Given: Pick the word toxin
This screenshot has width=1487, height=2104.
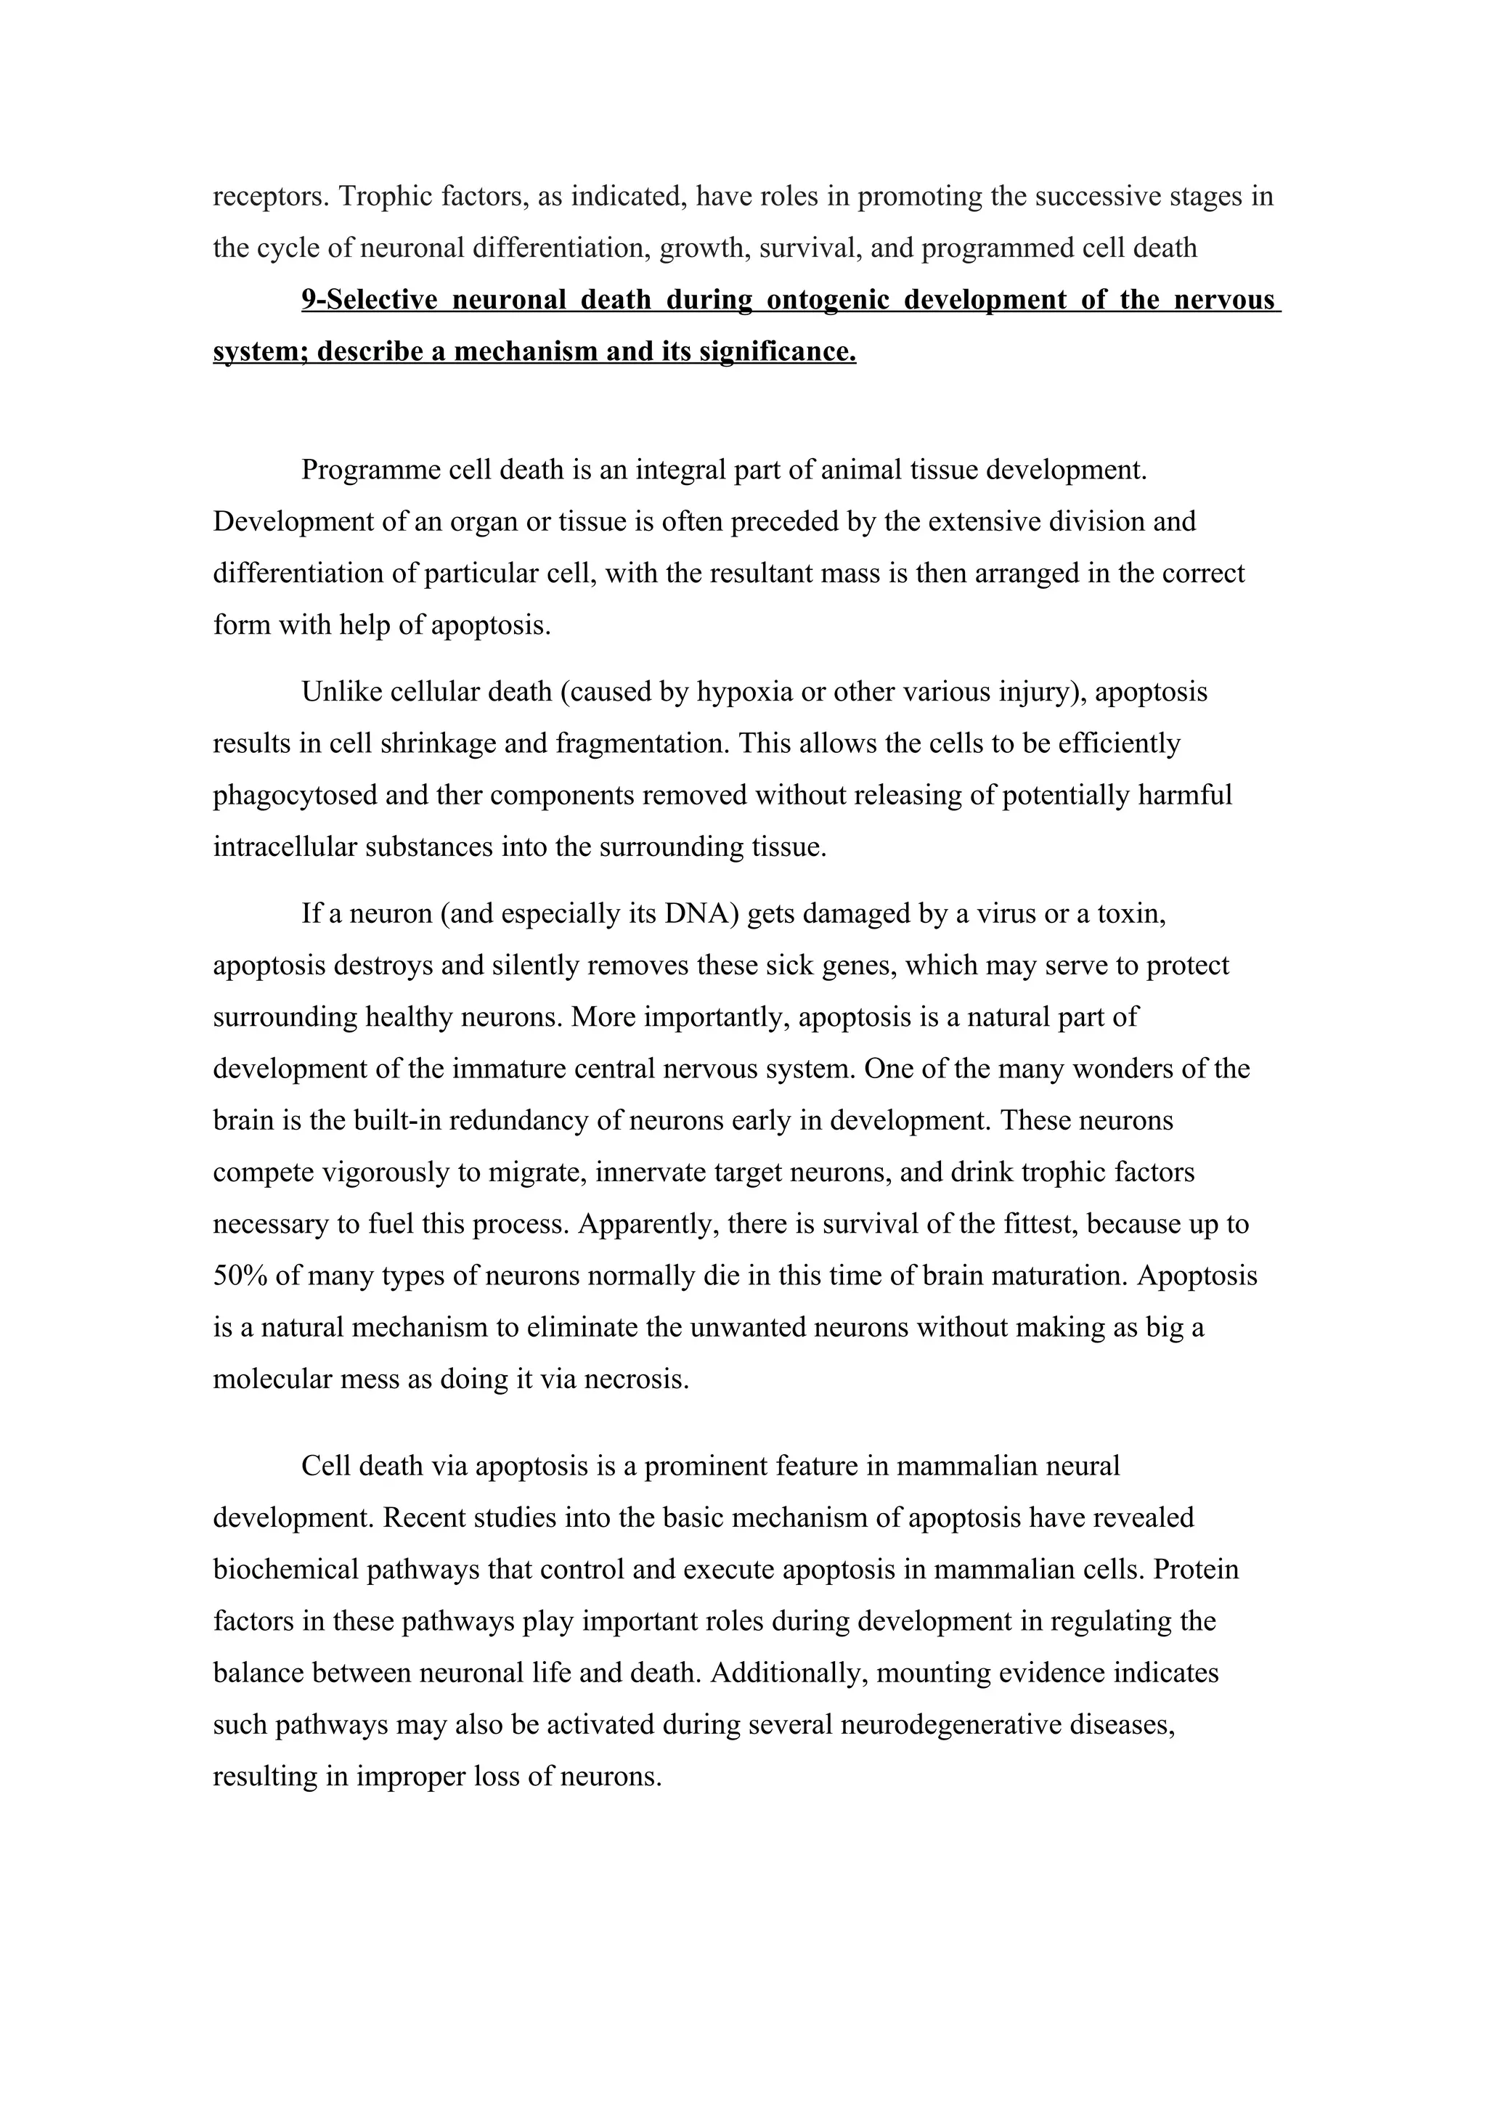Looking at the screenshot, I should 1131,915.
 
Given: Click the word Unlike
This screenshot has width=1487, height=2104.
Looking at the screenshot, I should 342,692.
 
